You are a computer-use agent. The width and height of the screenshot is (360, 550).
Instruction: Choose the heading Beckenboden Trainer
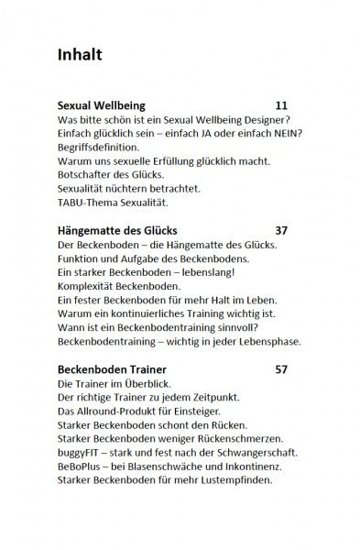point(111,369)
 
